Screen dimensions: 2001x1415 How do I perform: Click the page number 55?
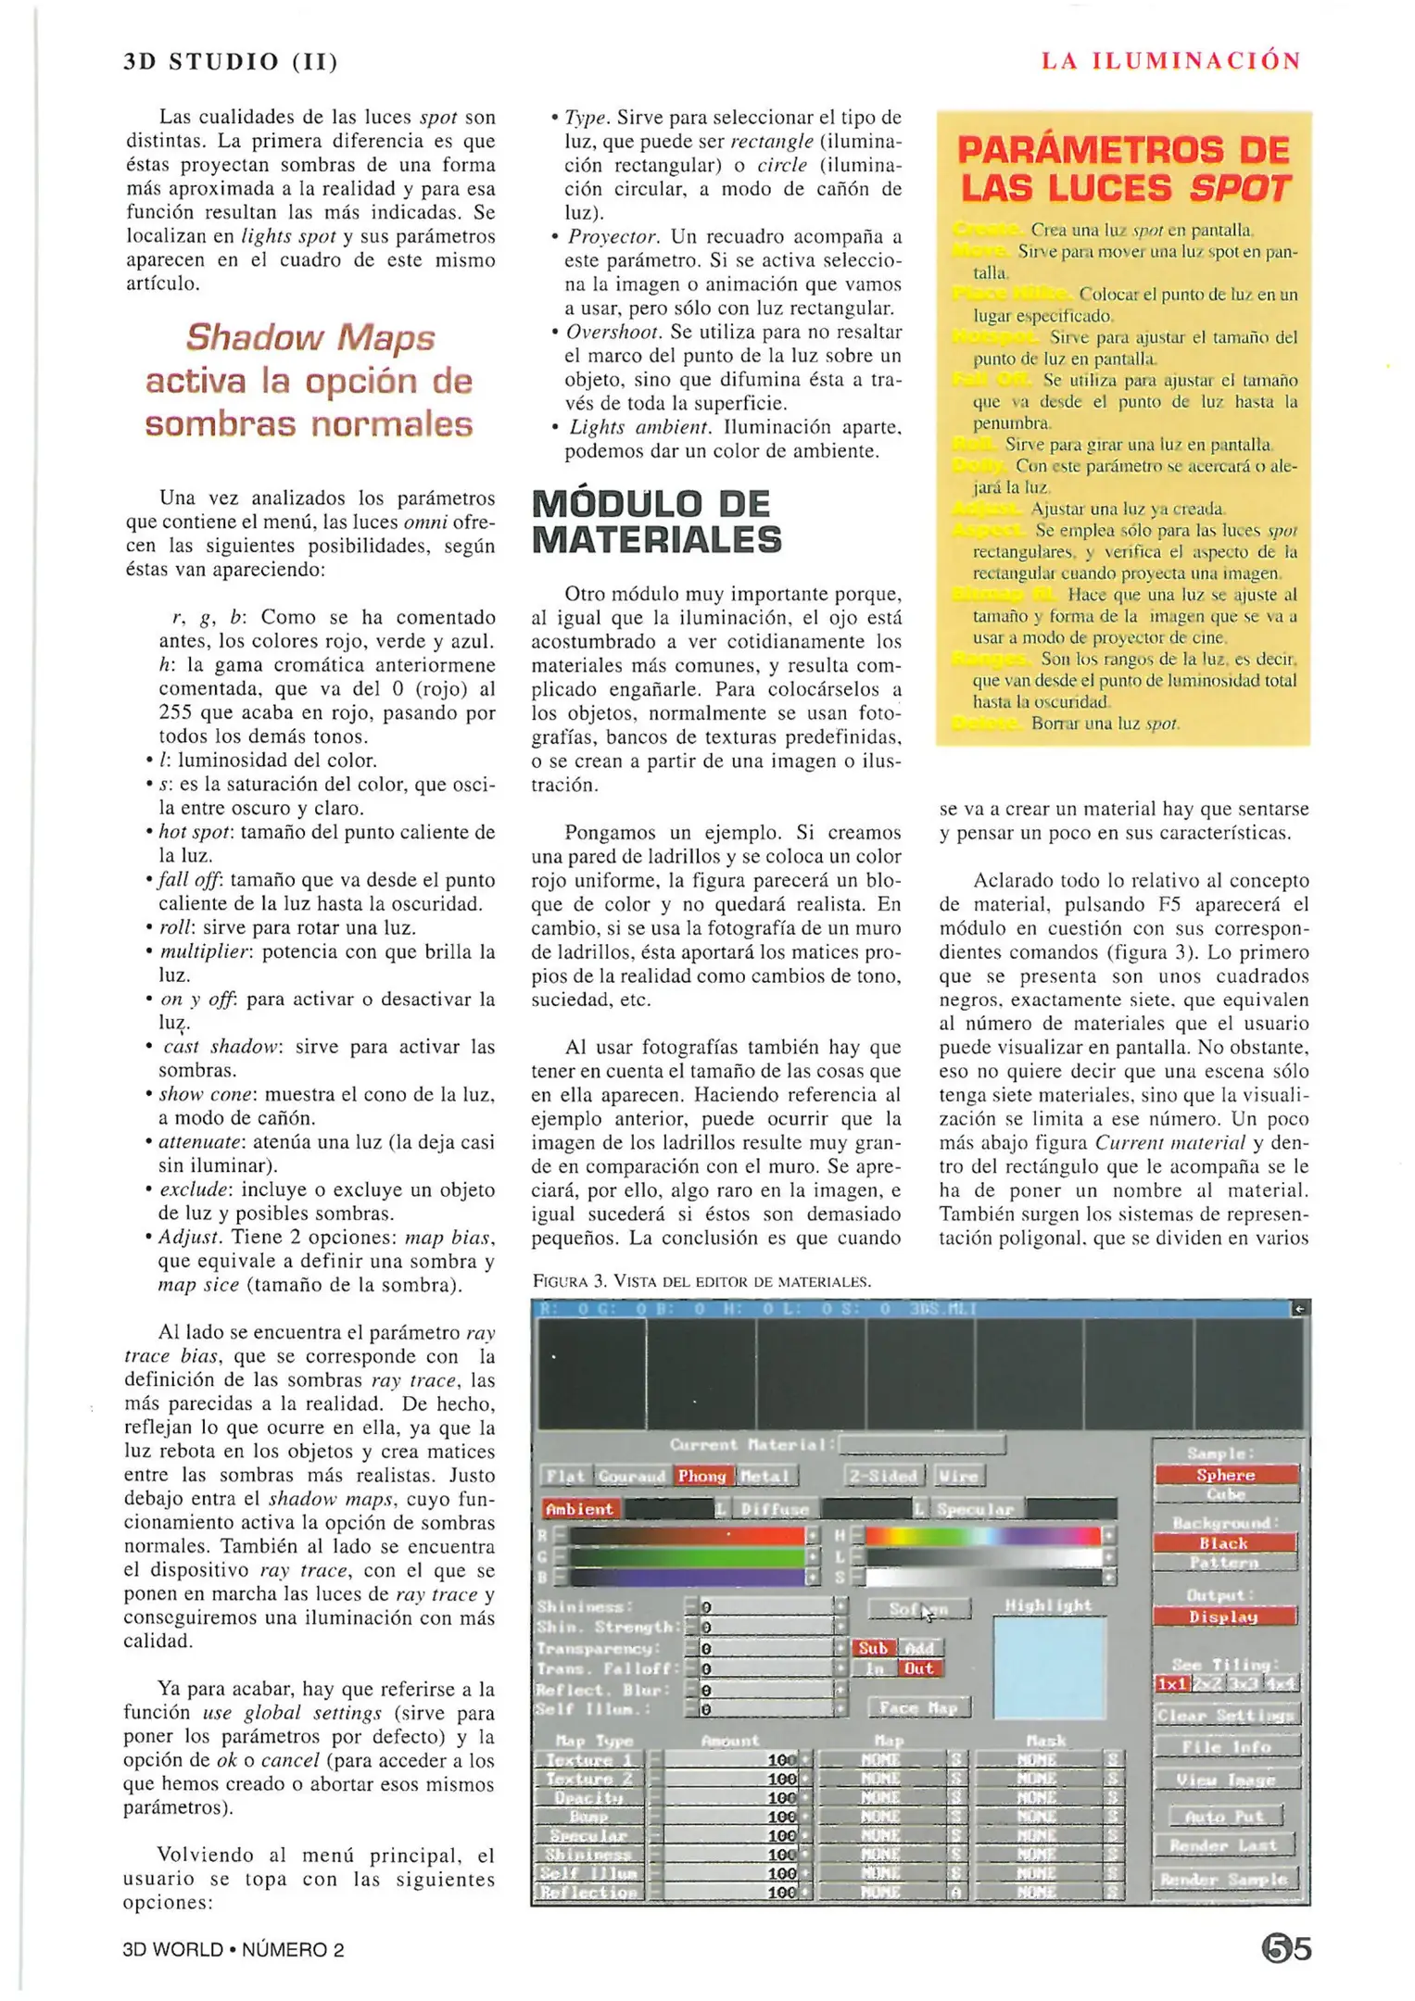pyautogui.click(x=1286, y=1948)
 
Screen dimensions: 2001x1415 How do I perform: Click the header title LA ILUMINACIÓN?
pyautogui.click(x=1170, y=61)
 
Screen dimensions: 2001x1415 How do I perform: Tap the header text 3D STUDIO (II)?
pyautogui.click(x=231, y=62)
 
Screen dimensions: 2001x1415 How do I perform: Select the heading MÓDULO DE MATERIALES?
pyautogui.click(x=656, y=522)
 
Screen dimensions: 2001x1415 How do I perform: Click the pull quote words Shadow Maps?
pyautogui.click(x=310, y=337)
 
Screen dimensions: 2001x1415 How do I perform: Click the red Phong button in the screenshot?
pyautogui.click(x=701, y=1476)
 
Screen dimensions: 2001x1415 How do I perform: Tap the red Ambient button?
pyautogui.click(x=580, y=1509)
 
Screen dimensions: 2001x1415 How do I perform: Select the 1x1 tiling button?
pyautogui.click(x=1171, y=1683)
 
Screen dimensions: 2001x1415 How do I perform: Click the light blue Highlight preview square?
pyautogui.click(x=1049, y=1667)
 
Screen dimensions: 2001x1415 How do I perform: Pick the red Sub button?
pyautogui.click(x=873, y=1647)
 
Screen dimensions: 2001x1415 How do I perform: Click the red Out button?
pyautogui.click(x=918, y=1668)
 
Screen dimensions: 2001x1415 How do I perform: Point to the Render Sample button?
pyautogui.click(x=1224, y=1879)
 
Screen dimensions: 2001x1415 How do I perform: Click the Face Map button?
pyautogui.click(x=918, y=1707)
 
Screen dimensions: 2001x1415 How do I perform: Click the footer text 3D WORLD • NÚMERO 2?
pyautogui.click(x=233, y=1949)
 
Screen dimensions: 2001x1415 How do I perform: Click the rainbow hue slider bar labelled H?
pyautogui.click(x=982, y=1535)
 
